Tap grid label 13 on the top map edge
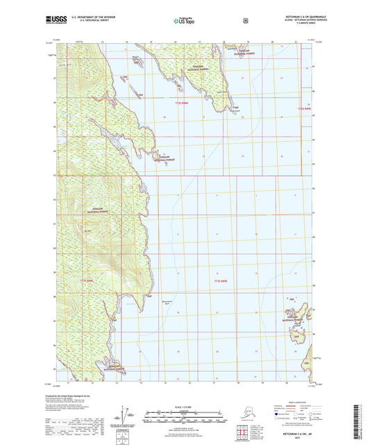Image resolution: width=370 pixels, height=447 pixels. tap(102, 42)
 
